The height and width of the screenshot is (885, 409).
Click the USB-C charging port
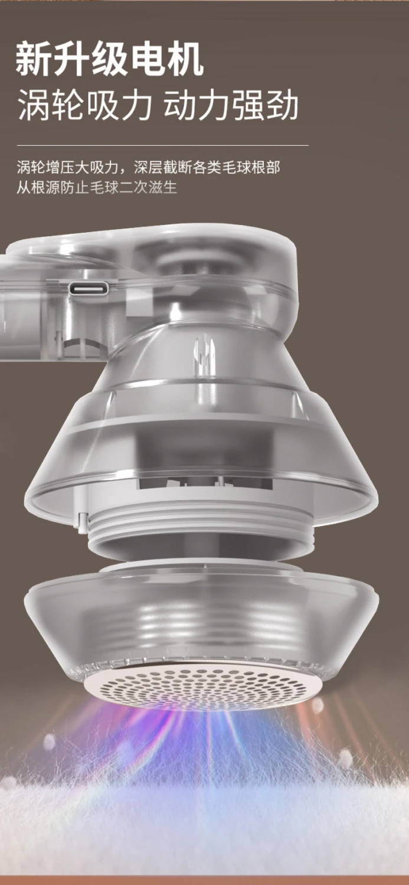89,289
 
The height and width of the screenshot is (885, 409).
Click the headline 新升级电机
109,60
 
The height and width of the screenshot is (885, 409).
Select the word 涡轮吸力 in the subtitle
85,106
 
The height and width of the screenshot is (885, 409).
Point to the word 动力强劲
231,106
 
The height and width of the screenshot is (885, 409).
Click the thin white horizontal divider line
163,145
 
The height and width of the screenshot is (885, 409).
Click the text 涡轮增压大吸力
67,167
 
